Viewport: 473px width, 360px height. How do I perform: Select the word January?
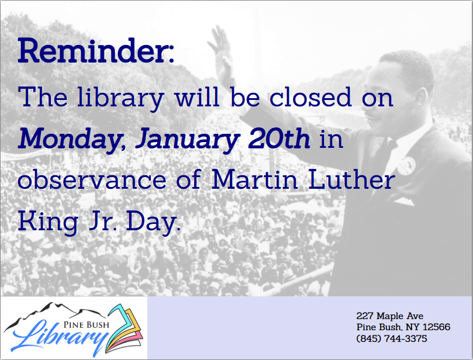(187, 139)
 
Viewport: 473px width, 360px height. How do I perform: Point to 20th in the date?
(279, 139)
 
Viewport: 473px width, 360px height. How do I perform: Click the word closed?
(310, 97)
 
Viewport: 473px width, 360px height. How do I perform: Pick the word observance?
(92, 179)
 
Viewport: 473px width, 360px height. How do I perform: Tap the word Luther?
(351, 179)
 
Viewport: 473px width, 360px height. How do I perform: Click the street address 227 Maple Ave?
(390, 316)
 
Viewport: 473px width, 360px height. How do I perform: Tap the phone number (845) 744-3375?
(392, 338)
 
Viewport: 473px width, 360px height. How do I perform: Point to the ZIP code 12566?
(437, 327)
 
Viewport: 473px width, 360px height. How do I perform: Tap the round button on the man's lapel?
(406, 165)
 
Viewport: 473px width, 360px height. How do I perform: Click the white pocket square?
(405, 201)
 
